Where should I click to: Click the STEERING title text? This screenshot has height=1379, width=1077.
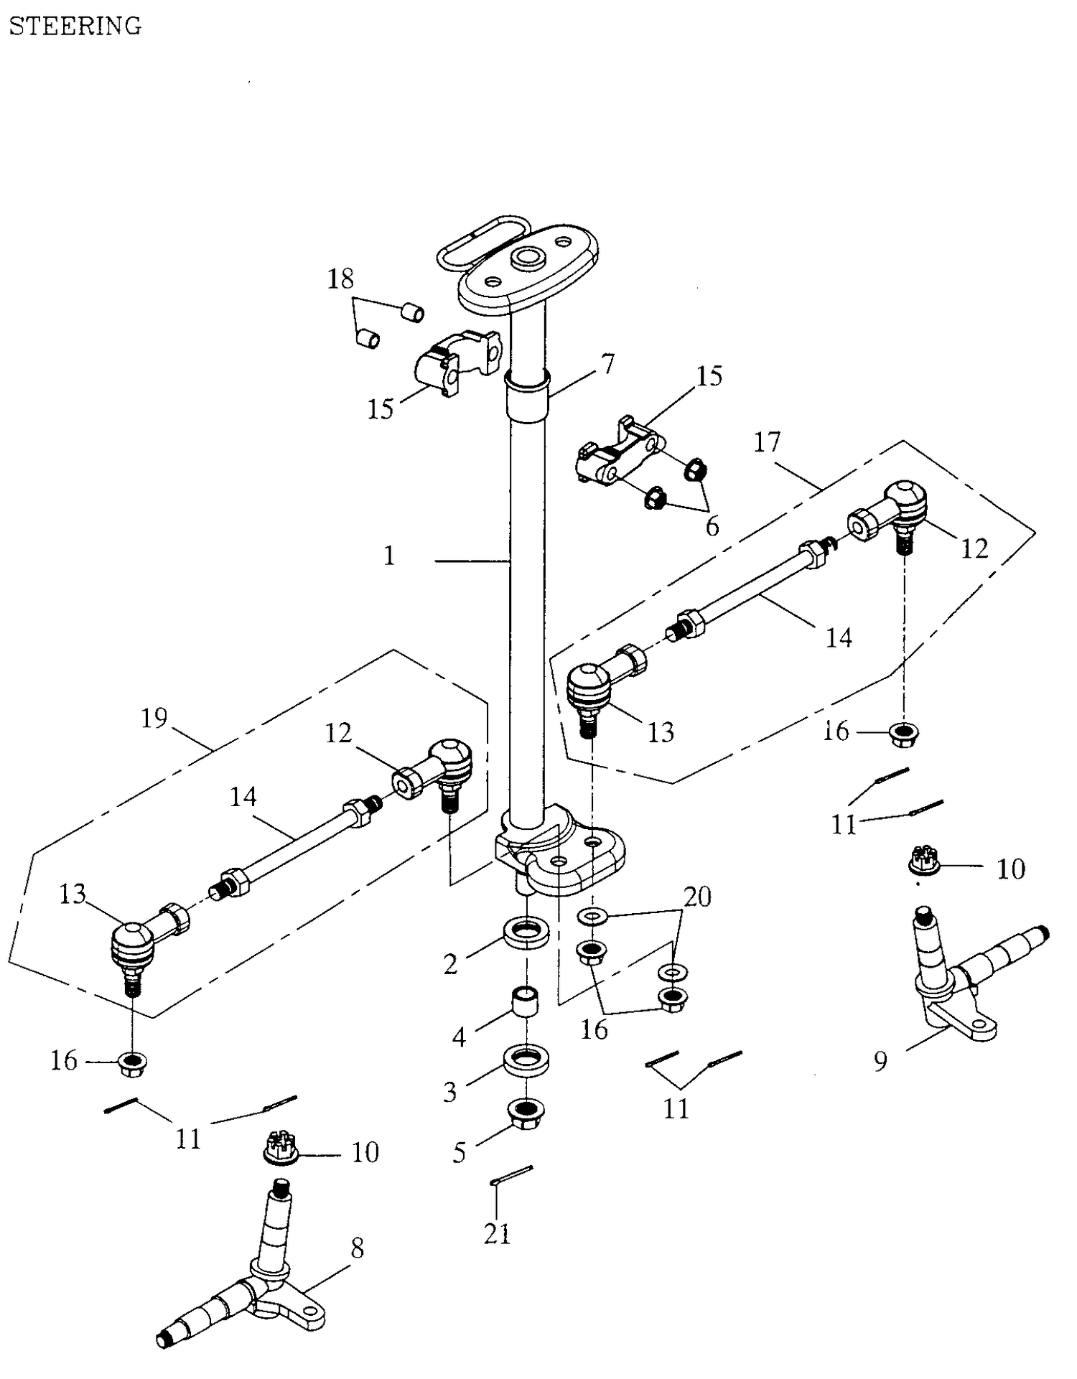pos(75,26)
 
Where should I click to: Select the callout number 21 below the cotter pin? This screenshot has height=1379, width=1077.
pos(497,1235)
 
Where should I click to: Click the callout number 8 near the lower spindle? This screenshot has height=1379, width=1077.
pos(357,1248)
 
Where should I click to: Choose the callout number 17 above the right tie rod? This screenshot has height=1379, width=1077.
pos(766,442)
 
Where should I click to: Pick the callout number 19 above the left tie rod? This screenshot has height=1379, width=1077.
pos(154,718)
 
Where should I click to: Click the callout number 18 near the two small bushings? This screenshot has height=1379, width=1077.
pos(341,279)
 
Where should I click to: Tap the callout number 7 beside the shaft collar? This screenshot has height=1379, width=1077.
pos(608,365)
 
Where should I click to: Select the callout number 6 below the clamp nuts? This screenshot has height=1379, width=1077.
pos(712,527)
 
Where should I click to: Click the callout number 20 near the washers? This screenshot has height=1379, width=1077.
pos(697,897)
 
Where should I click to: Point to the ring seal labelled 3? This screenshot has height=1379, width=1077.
pos(527,1060)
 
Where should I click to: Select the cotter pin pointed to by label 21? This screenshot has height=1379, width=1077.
pos(511,1174)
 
